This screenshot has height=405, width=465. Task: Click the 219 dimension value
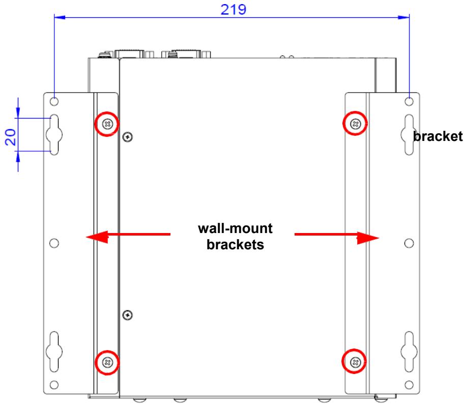point(234,10)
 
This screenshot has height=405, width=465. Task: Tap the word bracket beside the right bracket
point(438,136)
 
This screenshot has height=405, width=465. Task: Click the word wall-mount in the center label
point(235,228)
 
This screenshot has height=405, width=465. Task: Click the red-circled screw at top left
point(107,124)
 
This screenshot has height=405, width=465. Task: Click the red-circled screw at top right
point(355,124)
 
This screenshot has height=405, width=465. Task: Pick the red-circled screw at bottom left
point(107,362)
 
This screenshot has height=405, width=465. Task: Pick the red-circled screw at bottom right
point(355,362)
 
